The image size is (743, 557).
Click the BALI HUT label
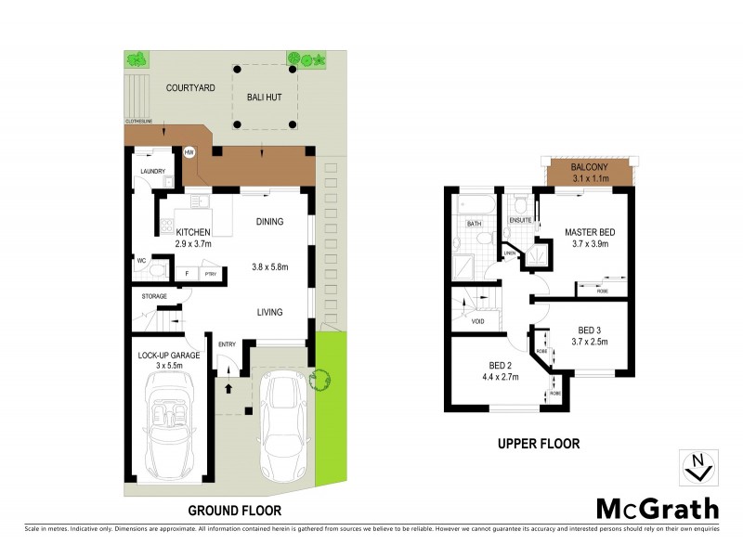(x=264, y=97)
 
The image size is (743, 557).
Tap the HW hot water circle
(x=189, y=152)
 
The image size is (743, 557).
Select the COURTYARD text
(x=190, y=88)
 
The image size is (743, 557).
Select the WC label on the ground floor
(x=142, y=261)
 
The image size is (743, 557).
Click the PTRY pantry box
(x=210, y=275)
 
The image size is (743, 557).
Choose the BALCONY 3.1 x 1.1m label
(x=590, y=173)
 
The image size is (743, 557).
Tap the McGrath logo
(x=656, y=509)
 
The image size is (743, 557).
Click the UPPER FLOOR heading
(x=538, y=445)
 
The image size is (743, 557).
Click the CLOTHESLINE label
(x=139, y=122)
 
